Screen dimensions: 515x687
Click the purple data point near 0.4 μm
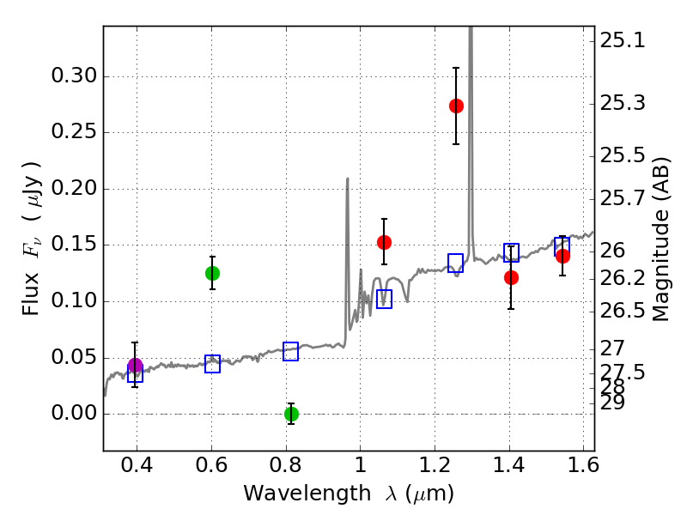(135, 366)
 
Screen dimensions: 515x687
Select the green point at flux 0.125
(212, 273)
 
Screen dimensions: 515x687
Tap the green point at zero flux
(291, 414)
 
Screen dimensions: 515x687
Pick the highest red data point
(456, 106)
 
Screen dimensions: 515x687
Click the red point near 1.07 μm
(384, 242)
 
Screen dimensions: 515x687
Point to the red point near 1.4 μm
(511, 277)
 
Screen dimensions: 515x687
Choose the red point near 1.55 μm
(562, 256)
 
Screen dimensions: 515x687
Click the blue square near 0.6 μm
(212, 364)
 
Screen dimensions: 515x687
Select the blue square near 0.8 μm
(291, 351)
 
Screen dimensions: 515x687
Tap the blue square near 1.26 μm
(456, 263)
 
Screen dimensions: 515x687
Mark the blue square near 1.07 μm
(384, 299)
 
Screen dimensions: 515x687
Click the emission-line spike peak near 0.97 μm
(347, 179)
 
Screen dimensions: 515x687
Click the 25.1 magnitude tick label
(623, 40)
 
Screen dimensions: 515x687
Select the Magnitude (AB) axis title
(660, 239)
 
